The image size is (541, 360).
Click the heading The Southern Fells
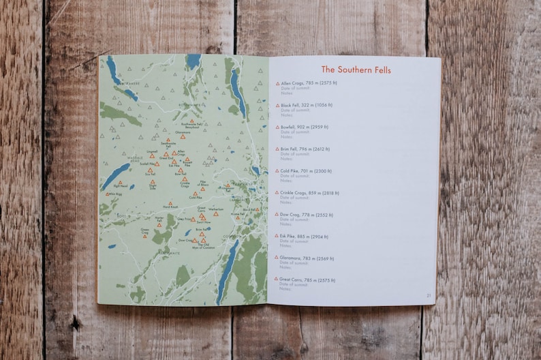click(x=356, y=70)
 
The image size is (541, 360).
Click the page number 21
click(x=429, y=295)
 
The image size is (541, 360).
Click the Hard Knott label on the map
click(x=170, y=207)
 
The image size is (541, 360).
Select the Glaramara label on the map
click(x=183, y=132)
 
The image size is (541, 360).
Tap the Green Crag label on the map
click(x=145, y=231)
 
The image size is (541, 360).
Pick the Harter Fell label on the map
click(x=159, y=218)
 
